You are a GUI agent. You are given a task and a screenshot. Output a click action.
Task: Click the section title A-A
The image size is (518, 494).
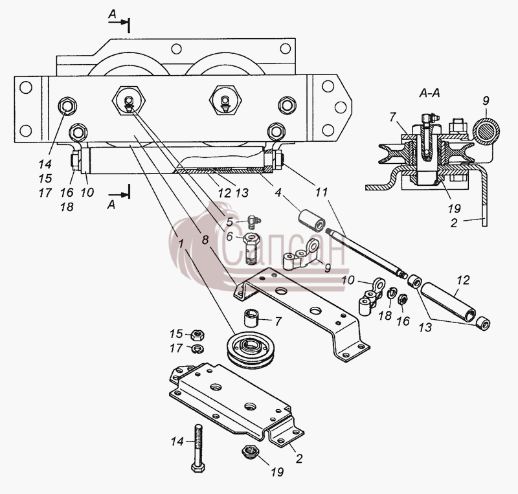(429, 93)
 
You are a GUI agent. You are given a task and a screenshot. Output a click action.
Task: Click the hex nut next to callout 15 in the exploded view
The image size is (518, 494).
(197, 335)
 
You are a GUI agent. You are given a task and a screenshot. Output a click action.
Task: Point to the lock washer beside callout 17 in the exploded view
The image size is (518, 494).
(199, 348)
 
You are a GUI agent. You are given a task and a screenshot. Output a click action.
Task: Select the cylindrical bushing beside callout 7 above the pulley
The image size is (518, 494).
(251, 318)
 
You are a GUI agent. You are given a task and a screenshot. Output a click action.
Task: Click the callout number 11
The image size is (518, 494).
(321, 192)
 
